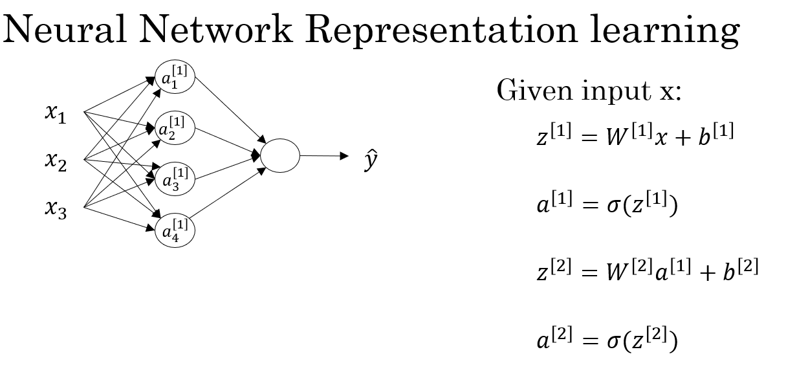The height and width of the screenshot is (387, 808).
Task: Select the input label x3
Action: pos(56,208)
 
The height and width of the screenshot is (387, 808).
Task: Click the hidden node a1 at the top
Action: pos(175,77)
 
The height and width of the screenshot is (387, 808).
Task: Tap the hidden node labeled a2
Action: pos(175,128)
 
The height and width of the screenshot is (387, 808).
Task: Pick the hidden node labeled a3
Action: pos(175,179)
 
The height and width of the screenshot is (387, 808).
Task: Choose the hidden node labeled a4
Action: pos(175,230)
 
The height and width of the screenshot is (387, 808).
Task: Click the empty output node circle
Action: pos(279,155)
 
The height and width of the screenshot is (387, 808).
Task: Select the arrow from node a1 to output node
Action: pos(230,109)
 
